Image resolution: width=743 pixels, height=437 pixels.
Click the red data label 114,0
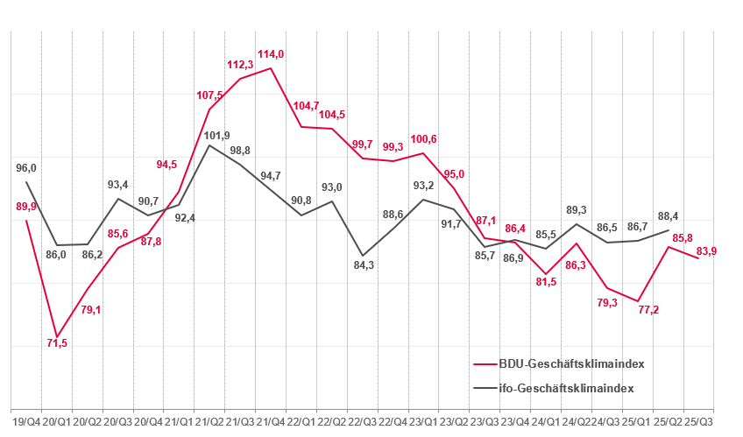(270, 53)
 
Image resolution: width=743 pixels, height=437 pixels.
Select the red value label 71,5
(57, 343)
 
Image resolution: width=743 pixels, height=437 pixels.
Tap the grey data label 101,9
(217, 135)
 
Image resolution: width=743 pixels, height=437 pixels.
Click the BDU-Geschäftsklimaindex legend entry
(566, 363)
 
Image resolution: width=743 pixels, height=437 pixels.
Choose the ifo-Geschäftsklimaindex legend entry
(566, 387)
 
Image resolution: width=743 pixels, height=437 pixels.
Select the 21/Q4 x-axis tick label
(271, 423)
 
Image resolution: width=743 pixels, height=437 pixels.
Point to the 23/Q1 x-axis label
(423, 423)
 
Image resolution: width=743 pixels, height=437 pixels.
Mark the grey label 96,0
(26, 168)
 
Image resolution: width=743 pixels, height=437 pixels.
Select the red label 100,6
(424, 139)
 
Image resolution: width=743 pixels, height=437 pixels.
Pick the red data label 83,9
(706, 251)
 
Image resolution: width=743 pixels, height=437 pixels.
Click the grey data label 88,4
(668, 216)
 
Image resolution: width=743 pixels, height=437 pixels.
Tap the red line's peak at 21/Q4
(271, 68)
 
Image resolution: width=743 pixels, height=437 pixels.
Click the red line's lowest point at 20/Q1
(57, 337)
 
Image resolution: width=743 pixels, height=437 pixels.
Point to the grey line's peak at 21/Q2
(209, 145)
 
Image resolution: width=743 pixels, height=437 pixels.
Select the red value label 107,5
(210, 95)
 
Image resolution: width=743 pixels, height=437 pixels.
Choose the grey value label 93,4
(117, 184)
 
